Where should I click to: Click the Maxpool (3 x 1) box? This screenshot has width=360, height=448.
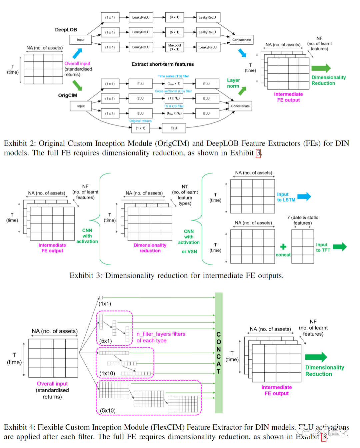175,47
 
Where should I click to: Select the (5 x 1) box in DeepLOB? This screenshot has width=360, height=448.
175,32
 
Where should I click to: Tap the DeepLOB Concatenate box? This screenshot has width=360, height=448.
242,40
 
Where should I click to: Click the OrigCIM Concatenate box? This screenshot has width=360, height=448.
240,106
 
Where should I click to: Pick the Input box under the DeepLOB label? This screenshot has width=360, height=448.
81,40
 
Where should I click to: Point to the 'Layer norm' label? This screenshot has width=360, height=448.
233,83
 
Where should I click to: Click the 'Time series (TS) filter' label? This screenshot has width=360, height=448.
173,76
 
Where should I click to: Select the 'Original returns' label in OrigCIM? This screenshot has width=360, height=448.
140,121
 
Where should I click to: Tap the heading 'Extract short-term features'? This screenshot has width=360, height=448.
163,64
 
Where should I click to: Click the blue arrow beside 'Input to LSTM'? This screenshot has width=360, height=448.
304,196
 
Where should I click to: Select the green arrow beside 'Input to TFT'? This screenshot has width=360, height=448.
340,247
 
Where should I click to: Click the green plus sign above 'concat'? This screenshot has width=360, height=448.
283,247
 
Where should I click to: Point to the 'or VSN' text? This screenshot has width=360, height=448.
189,252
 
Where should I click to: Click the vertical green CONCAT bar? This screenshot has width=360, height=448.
219,353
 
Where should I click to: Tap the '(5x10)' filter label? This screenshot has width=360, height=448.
108,410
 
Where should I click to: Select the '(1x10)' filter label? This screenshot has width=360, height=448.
107,373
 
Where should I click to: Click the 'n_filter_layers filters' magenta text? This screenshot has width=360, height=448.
161,334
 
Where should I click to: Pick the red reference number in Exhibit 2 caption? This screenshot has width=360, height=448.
258,153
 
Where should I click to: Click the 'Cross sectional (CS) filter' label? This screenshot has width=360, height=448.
173,91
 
